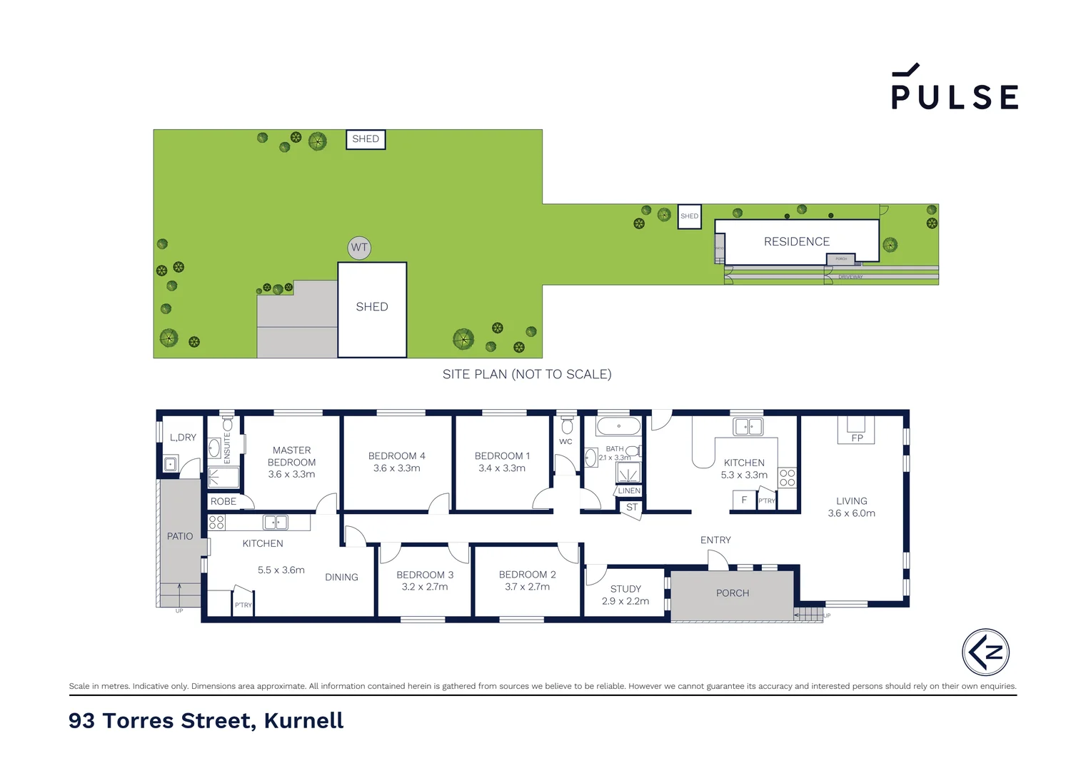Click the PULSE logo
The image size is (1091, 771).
(x=955, y=89)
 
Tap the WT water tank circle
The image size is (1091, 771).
(x=359, y=248)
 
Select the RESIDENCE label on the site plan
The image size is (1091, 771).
(x=797, y=242)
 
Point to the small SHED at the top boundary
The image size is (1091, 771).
(x=366, y=139)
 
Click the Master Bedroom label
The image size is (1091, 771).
(x=291, y=456)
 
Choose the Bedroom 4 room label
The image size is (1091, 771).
(x=396, y=456)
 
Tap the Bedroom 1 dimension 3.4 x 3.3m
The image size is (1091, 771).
(x=502, y=468)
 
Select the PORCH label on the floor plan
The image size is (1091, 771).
(x=733, y=593)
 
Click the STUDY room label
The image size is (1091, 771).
(x=625, y=589)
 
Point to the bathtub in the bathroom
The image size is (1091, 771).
(x=618, y=427)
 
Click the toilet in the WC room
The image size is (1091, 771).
(x=567, y=426)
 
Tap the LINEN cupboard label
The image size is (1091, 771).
(x=629, y=491)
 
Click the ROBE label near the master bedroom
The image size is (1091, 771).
(x=223, y=502)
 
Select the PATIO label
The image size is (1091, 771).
(x=180, y=536)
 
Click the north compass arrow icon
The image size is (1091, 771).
(x=985, y=652)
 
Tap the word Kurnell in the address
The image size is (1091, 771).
(x=303, y=721)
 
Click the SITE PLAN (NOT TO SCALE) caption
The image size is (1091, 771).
(x=527, y=374)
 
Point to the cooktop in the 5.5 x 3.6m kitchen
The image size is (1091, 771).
(x=216, y=523)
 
